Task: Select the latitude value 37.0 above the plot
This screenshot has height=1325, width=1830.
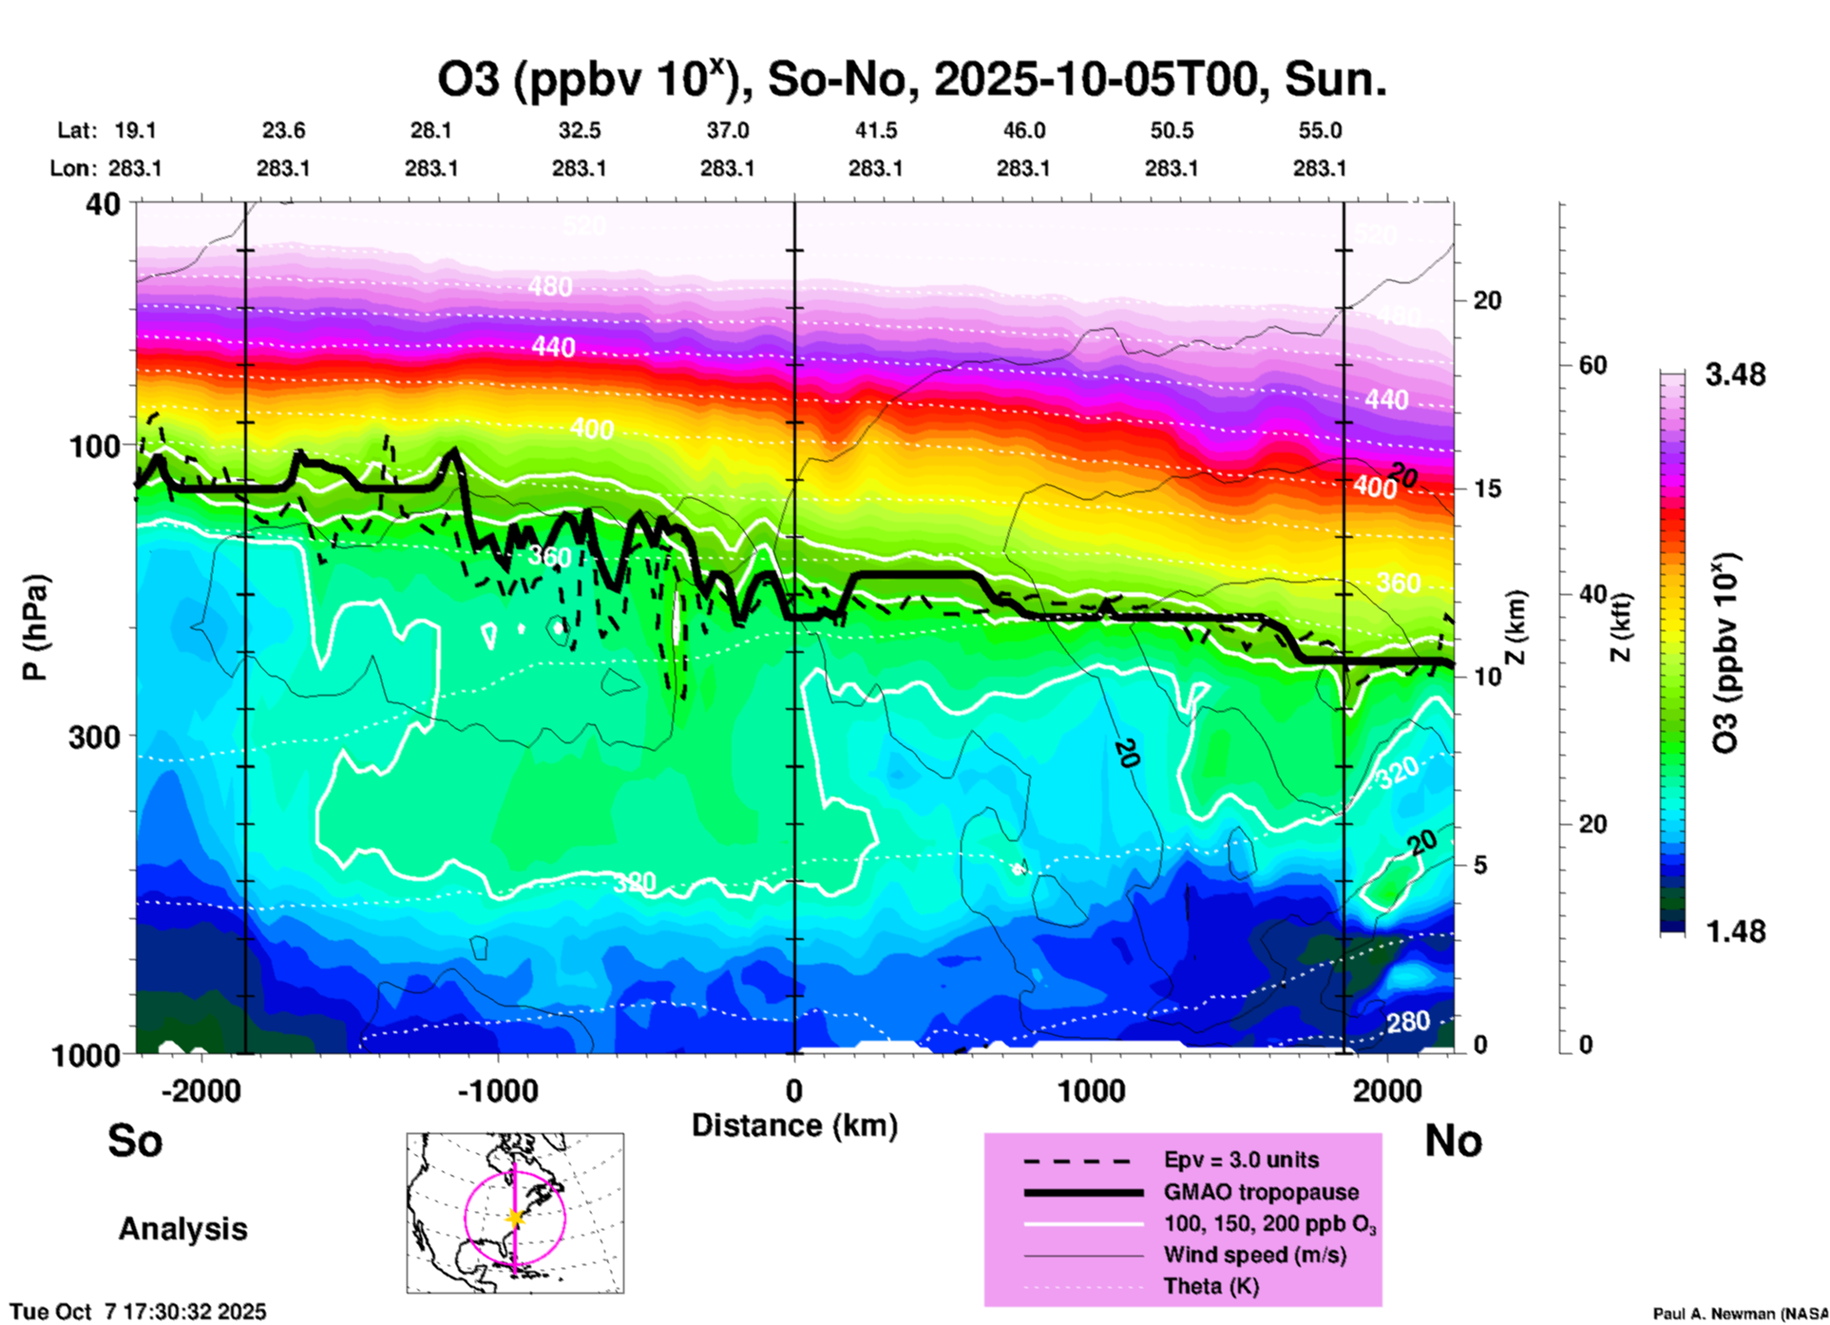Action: (x=727, y=130)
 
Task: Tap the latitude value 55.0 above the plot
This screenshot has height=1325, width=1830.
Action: (x=1319, y=130)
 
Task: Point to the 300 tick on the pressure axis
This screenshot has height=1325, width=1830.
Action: (x=94, y=737)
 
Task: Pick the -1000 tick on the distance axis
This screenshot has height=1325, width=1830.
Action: (x=497, y=1090)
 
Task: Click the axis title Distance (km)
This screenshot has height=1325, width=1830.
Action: (x=794, y=1125)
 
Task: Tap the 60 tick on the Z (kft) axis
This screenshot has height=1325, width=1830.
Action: (x=1592, y=365)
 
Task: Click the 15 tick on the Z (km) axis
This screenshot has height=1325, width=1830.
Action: (x=1487, y=489)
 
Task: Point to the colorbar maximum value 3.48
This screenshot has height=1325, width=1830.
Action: (x=1735, y=375)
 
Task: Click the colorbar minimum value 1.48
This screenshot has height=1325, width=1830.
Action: (x=1735, y=931)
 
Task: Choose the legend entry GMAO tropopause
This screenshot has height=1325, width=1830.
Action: (x=1261, y=1192)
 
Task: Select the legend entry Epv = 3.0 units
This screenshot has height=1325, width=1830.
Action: (x=1241, y=1160)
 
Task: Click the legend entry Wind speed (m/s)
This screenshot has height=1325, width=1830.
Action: (x=1254, y=1255)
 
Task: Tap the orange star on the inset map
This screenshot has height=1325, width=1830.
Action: (x=515, y=1218)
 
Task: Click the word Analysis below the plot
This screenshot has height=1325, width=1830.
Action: (x=182, y=1229)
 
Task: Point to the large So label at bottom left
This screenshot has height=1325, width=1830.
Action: (x=135, y=1141)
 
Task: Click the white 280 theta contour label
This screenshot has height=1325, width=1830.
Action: (x=1407, y=1022)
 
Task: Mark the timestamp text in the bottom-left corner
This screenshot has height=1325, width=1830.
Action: (x=139, y=1312)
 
